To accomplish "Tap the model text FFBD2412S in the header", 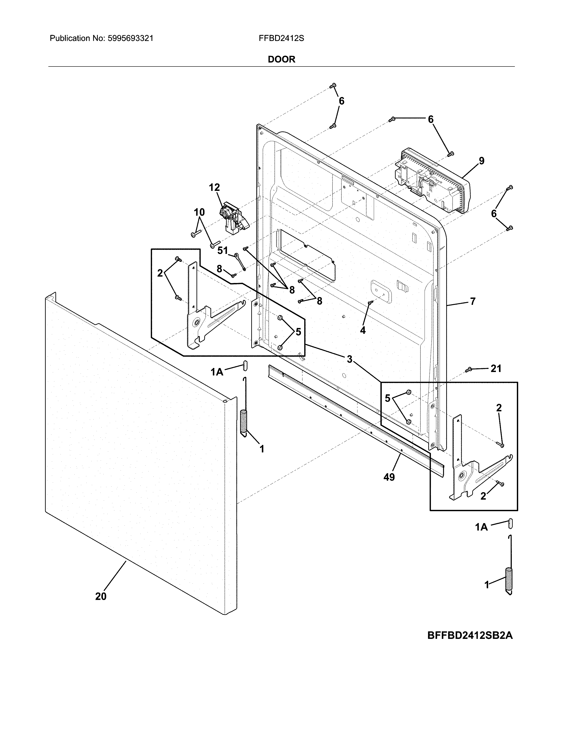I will (x=281, y=38).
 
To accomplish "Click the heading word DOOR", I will (x=281, y=59).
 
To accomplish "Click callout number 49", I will (x=389, y=477).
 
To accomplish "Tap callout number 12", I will (x=214, y=188).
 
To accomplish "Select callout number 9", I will (x=481, y=161).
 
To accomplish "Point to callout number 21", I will (x=496, y=368).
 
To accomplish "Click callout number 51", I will (x=223, y=250).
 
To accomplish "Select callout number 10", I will (x=199, y=212).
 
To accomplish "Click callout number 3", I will (x=349, y=359).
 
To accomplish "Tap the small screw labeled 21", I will (x=468, y=369).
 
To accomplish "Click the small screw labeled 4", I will (x=370, y=302).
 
